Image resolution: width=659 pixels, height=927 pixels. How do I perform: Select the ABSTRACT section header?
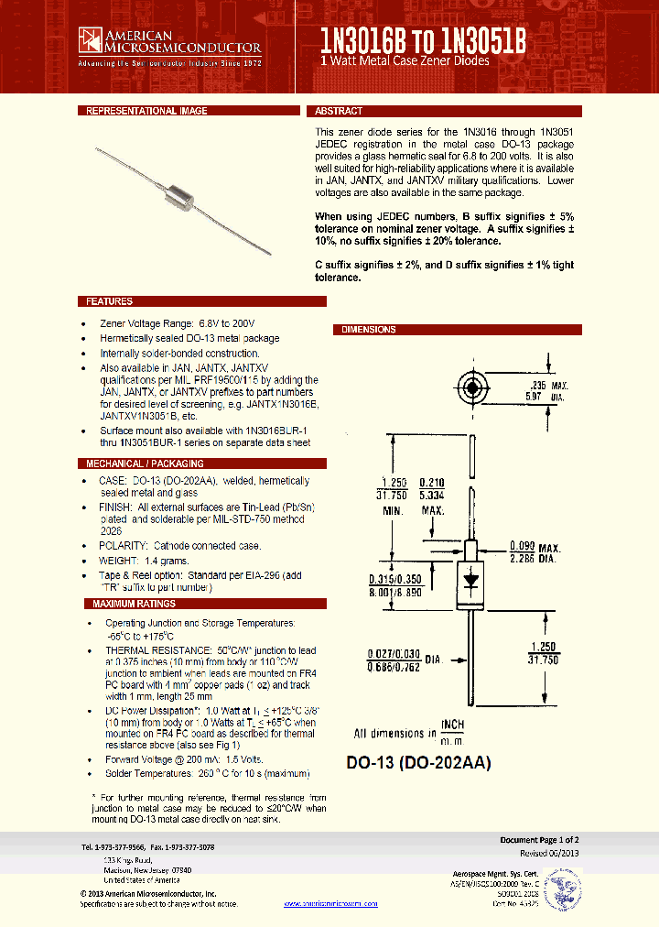click(x=339, y=111)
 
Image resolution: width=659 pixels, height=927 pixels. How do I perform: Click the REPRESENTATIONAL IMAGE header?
click(x=146, y=111)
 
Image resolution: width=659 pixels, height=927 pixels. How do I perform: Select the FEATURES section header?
click(x=109, y=301)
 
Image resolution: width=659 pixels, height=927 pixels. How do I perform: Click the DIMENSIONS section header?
click(x=369, y=330)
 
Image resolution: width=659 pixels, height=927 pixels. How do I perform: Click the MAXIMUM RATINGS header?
click(x=134, y=604)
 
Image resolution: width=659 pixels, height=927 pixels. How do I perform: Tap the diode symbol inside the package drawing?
click(x=471, y=579)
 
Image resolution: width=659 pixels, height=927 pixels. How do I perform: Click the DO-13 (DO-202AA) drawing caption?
click(x=418, y=762)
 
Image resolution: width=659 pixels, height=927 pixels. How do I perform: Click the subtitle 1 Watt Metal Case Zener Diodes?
click(x=405, y=60)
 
